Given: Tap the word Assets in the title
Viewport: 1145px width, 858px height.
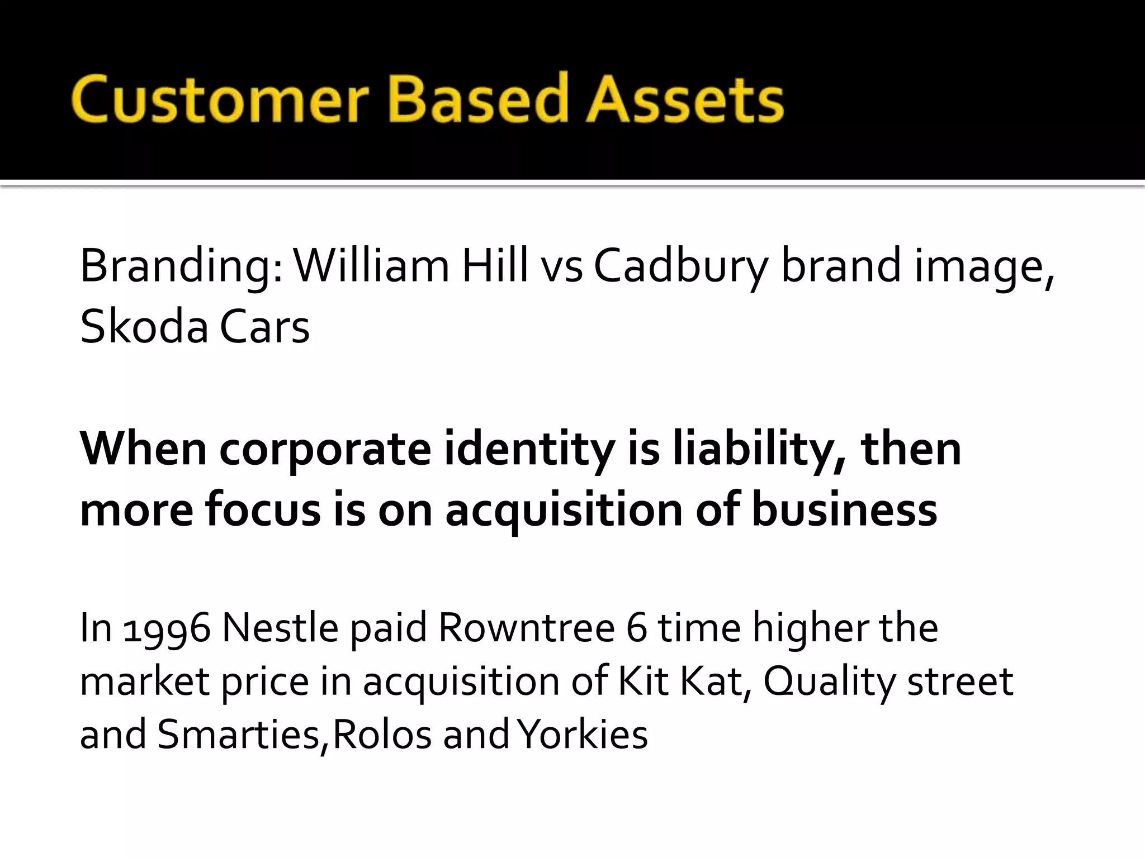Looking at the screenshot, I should pyautogui.click(x=684, y=101).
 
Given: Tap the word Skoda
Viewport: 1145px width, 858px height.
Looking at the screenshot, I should pyautogui.click(x=144, y=327).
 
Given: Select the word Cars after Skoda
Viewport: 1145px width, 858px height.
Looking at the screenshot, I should pyautogui.click(x=264, y=327).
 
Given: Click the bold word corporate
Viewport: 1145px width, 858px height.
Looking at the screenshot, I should pyautogui.click(x=325, y=450).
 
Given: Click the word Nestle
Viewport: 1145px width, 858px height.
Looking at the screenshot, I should pyautogui.click(x=280, y=628).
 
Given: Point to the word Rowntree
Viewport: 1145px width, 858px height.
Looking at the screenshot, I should pyautogui.click(x=527, y=628).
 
